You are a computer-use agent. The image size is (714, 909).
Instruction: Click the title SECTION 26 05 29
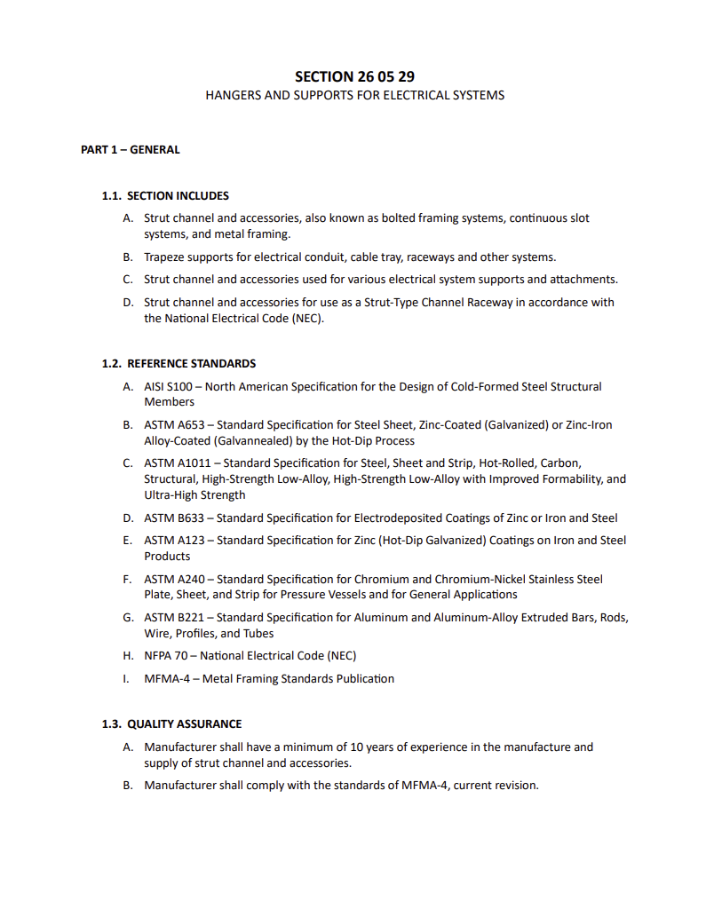pos(354,76)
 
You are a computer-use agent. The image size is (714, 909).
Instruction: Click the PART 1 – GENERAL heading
pos(131,150)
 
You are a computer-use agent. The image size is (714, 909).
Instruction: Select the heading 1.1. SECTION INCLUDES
pos(165,195)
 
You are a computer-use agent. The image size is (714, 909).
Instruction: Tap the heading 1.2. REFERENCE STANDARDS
pos(178,363)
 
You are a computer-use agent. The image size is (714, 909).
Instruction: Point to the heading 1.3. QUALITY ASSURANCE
pos(171,723)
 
